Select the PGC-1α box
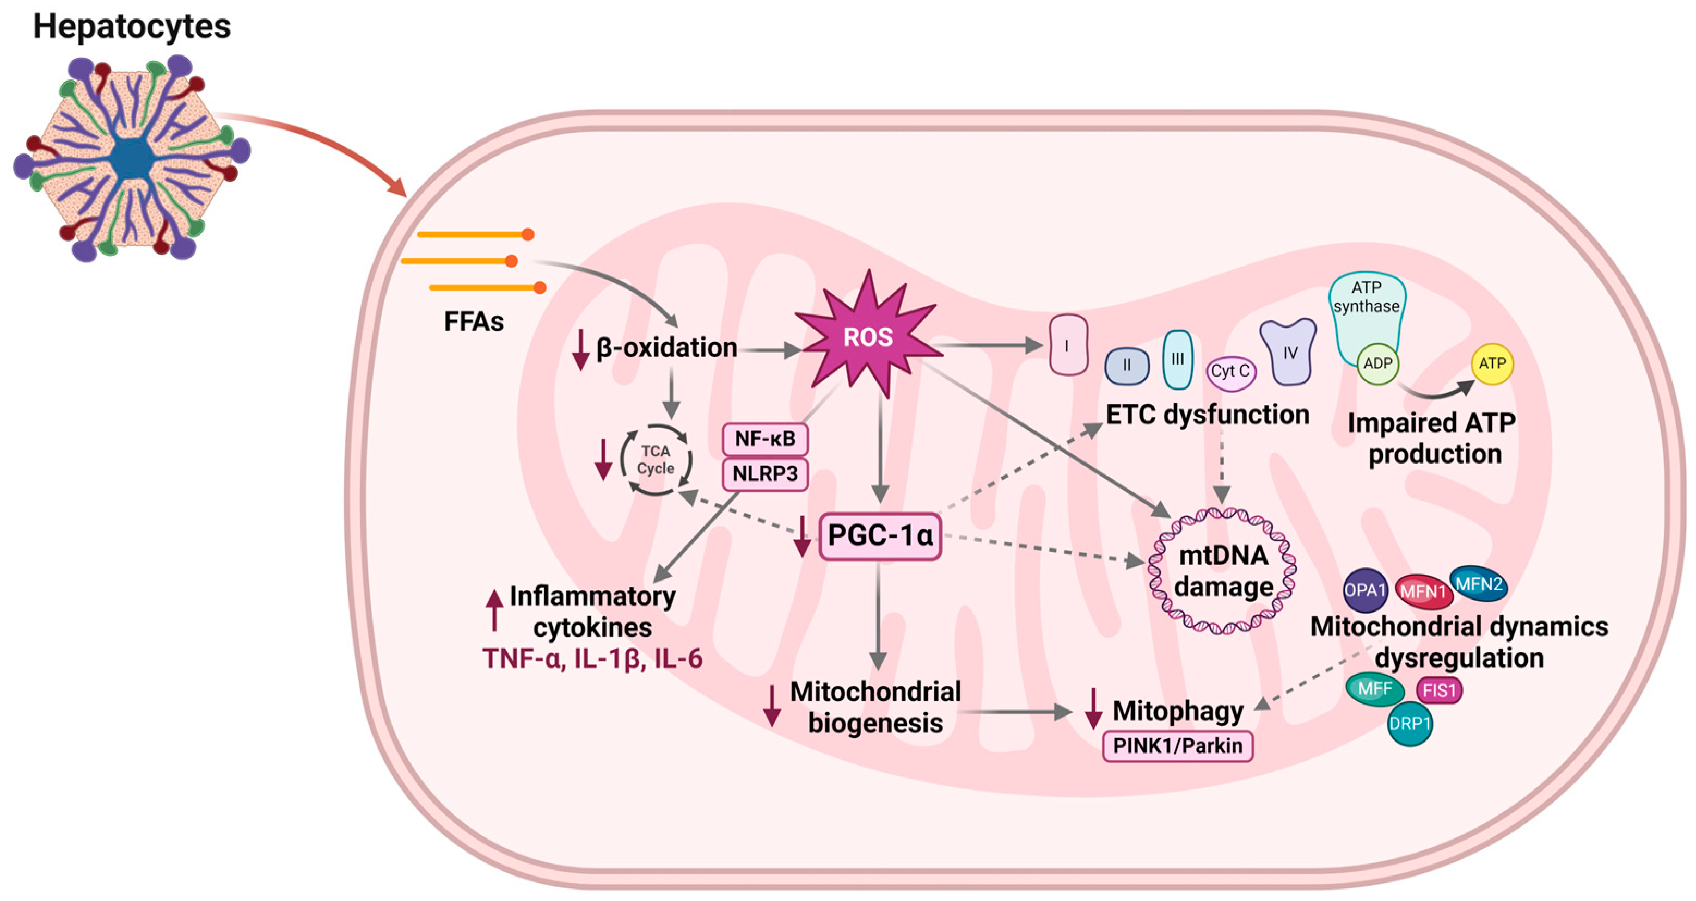(880, 536)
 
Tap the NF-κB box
(765, 439)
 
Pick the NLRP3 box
(765, 474)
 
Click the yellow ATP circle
(1492, 364)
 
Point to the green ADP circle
(1377, 364)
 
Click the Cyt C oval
(1230, 372)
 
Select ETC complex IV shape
(1288, 353)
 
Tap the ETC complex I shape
(1067, 345)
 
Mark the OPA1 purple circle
(1365, 590)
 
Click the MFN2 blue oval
(1479, 584)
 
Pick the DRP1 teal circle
(1410, 724)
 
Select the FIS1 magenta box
(1439, 690)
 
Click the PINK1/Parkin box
(1177, 746)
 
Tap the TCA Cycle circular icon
(656, 459)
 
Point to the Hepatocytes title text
(132, 26)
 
